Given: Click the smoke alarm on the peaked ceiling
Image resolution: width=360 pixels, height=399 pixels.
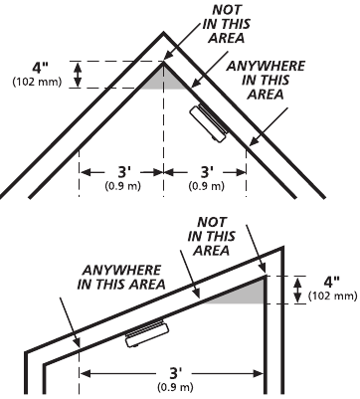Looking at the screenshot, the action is coord(209,123).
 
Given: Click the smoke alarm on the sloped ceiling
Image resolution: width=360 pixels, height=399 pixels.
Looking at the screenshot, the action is coord(147,333).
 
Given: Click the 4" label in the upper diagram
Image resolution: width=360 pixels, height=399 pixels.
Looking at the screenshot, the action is coord(40,68).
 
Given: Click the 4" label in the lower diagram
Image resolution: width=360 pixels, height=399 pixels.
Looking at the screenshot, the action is coord(332,282).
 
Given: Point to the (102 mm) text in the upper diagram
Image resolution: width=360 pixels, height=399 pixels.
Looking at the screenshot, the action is coord(37,82).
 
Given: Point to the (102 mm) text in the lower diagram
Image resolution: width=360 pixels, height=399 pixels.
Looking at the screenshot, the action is coord(333,296).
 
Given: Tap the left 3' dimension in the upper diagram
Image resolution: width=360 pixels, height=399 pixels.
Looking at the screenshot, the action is coord(124,172).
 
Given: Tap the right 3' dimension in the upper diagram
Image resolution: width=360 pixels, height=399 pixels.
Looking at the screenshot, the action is coord(207,172).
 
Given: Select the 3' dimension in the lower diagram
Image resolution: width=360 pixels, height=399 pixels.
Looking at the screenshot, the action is coord(174,373).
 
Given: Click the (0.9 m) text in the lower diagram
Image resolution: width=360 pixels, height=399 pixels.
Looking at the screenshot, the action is coord(175,387).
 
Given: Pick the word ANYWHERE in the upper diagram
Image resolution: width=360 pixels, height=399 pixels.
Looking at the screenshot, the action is coord(266,66).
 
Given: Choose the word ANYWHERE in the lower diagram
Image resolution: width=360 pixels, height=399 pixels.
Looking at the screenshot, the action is coord(121,270).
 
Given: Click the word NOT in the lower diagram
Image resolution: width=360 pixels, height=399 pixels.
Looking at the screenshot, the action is coord(212,222).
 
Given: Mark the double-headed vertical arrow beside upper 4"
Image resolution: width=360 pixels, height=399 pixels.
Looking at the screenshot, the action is coord(78,75).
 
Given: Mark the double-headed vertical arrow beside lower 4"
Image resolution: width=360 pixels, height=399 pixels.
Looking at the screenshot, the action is coord(298,290).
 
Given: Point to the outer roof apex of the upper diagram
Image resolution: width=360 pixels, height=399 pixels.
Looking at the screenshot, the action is coord(163,33).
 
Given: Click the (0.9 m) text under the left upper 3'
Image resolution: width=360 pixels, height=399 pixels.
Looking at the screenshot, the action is coord(123,186).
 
